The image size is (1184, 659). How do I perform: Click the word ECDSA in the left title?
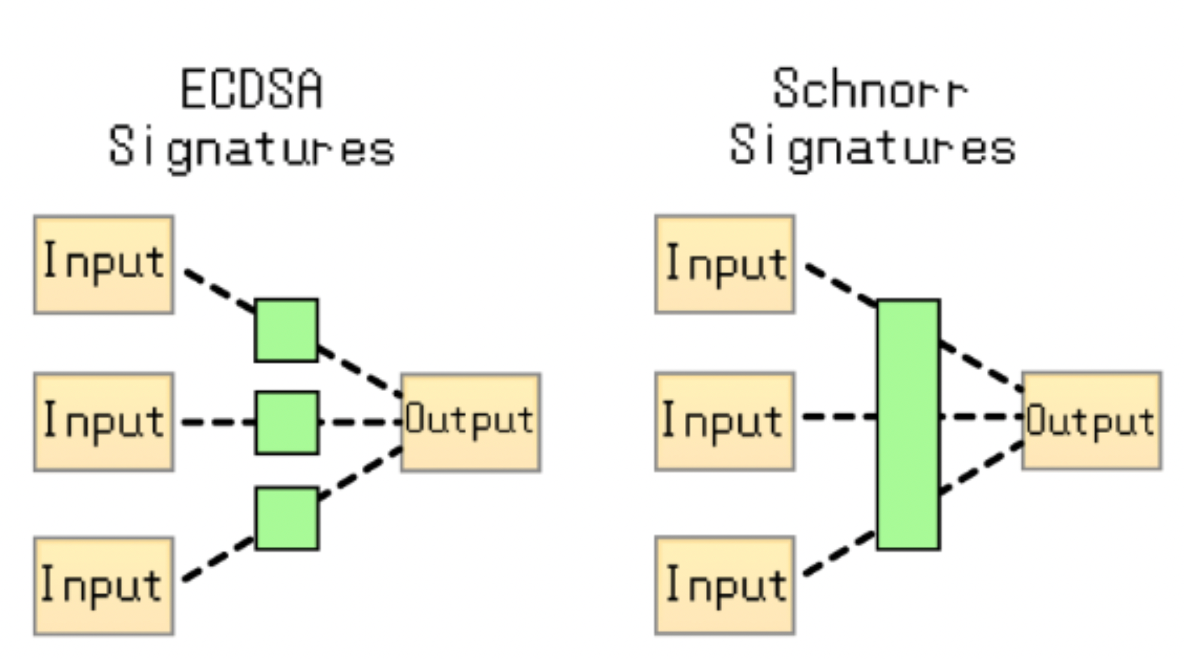tap(252, 90)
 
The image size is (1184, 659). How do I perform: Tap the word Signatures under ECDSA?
tap(252, 147)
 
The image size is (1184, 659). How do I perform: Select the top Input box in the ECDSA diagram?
tap(104, 265)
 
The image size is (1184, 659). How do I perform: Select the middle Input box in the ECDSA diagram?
tap(104, 422)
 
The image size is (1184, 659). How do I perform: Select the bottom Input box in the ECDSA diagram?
tap(104, 586)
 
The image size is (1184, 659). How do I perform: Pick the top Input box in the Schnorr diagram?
tap(725, 265)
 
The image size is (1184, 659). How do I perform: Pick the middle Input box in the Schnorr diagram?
tap(725, 421)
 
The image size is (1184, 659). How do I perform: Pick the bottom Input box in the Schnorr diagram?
tap(725, 585)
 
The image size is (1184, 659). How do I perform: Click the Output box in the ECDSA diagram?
tap(471, 422)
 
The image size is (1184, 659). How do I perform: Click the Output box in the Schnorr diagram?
tap(1092, 421)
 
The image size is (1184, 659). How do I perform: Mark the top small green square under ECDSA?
tap(286, 330)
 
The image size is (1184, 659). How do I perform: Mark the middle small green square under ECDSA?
tap(287, 423)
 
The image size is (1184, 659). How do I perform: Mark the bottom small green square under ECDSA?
tap(287, 518)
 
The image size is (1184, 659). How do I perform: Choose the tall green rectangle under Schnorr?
tap(908, 424)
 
